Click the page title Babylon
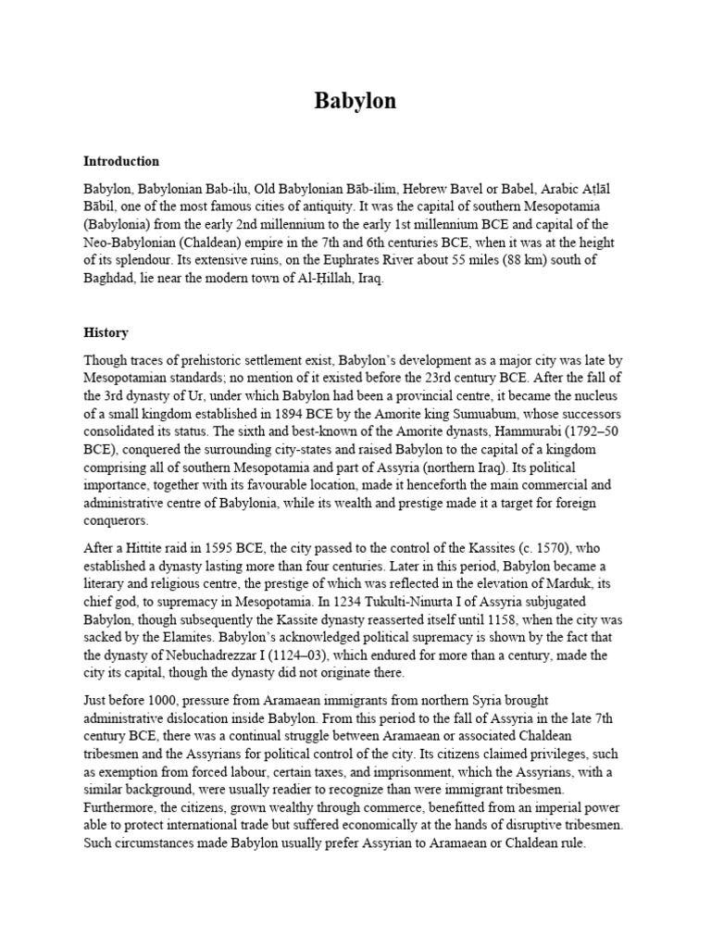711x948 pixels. [x=355, y=101]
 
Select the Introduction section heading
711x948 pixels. [x=121, y=161]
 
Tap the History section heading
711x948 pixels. [x=106, y=332]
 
